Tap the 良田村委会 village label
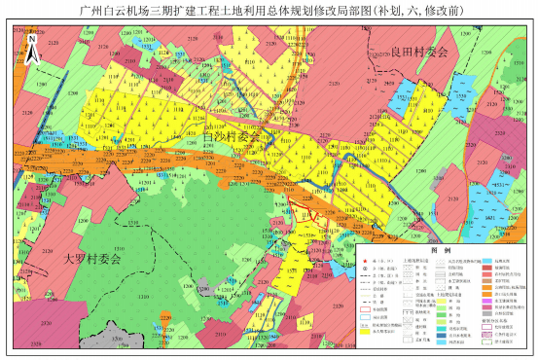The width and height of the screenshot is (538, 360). (x=415, y=58)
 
